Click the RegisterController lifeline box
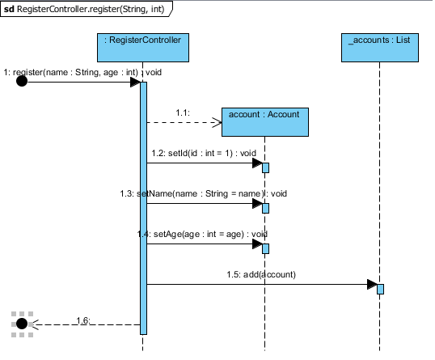click(143, 48)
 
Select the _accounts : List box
click(380, 48)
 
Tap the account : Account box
click(265, 122)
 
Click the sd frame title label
click(87, 9)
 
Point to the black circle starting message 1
click(22, 82)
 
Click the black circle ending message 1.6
click(22, 324)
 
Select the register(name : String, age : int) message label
click(82, 73)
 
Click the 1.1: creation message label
click(183, 112)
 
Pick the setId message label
click(204, 153)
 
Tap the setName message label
click(204, 193)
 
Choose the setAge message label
click(202, 234)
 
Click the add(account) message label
click(261, 274)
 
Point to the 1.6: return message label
click(83, 320)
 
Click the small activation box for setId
click(265, 168)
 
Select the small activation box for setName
click(265, 208)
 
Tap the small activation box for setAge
click(265, 248)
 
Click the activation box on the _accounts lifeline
click(380, 290)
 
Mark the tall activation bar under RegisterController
click(143, 208)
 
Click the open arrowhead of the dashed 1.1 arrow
click(217, 122)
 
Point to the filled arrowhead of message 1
click(135, 82)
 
